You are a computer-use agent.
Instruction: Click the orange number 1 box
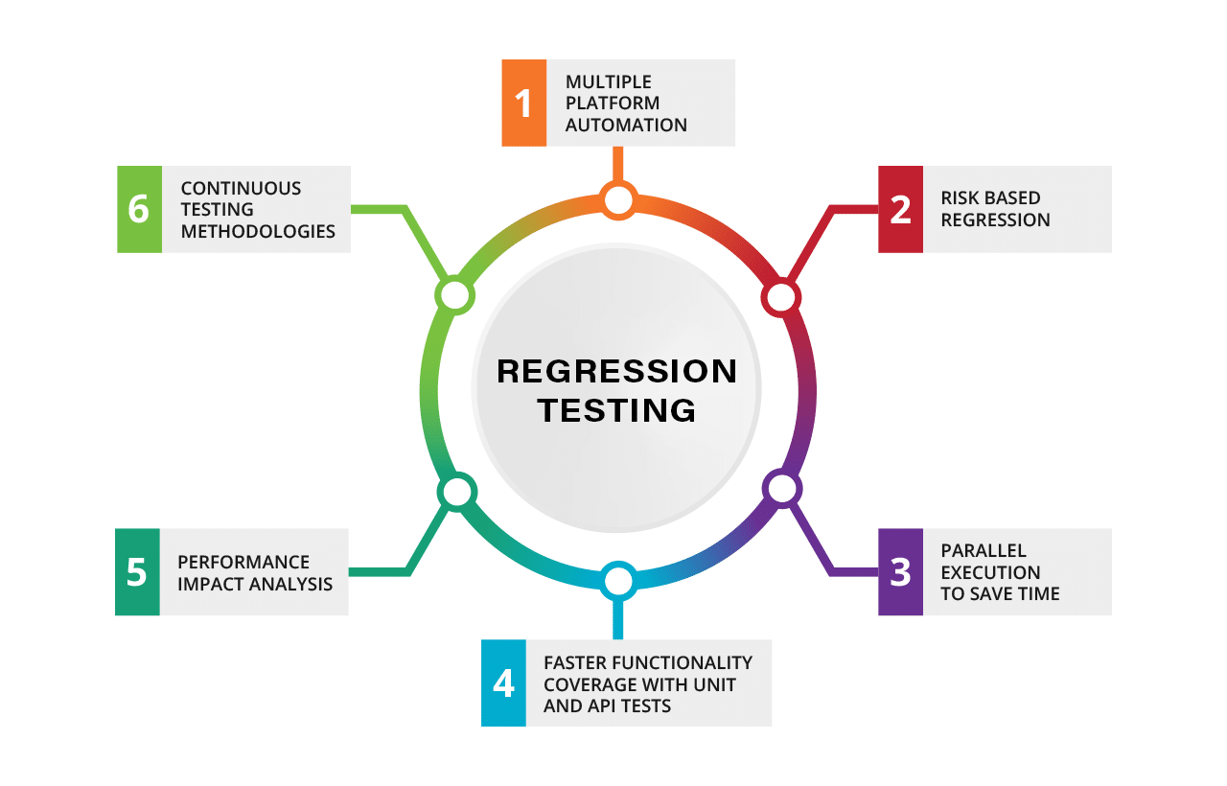pyautogui.click(x=524, y=103)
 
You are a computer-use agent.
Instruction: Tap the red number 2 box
pyautogui.click(x=900, y=209)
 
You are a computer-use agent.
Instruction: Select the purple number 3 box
pyautogui.click(x=900, y=571)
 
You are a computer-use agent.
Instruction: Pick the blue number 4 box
pyautogui.click(x=503, y=682)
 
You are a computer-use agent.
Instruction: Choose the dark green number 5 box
pyautogui.click(x=137, y=571)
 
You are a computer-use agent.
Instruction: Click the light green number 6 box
pyautogui.click(x=139, y=209)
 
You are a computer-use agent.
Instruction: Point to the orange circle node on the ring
pyautogui.click(x=618, y=200)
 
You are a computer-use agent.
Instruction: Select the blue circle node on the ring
pyautogui.click(x=618, y=581)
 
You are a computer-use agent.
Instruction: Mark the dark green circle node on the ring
pyautogui.click(x=456, y=491)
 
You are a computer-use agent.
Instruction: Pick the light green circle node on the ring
pyautogui.click(x=454, y=295)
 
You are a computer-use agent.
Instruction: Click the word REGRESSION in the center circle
pyautogui.click(x=617, y=371)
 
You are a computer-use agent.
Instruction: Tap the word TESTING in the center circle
pyautogui.click(x=617, y=410)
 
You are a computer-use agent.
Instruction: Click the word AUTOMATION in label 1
pyautogui.click(x=626, y=125)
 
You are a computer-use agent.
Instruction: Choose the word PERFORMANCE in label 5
pyautogui.click(x=243, y=562)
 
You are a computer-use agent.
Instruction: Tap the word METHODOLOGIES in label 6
pyautogui.click(x=258, y=231)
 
